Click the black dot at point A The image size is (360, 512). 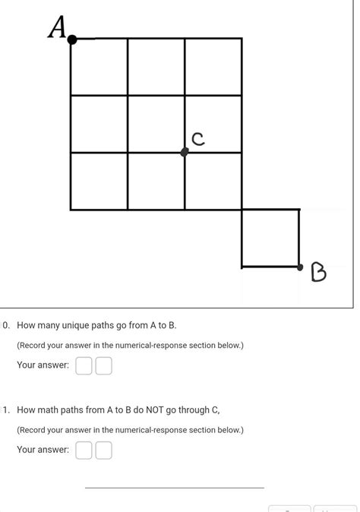pos(72,40)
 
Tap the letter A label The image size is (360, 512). pos(57,27)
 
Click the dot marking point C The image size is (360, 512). pos(185,152)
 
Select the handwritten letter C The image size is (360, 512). pos(198,138)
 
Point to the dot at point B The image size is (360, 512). pos(300,267)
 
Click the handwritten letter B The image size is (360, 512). pos(318,272)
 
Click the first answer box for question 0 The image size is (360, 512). pos(84,366)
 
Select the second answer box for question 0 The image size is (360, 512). pos(103,366)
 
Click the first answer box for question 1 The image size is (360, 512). pos(84,450)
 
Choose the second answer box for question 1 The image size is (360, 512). pos(103,450)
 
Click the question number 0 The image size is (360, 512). pos(5,325)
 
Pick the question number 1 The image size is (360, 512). pos(5,409)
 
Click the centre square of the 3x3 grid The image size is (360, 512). pos(156,124)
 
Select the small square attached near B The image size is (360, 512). pos(270,238)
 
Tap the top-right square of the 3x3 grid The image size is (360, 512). pos(213,67)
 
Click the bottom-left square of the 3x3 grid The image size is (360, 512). pos(99,181)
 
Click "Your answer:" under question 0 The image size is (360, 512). pos(43,365)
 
